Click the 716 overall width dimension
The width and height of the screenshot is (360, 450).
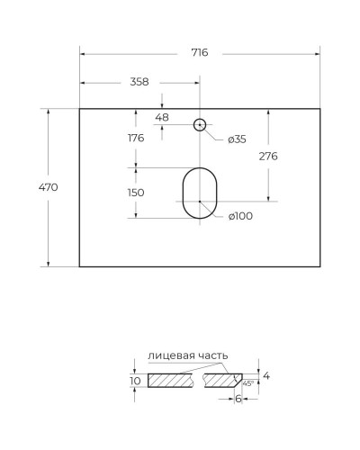click(200, 52)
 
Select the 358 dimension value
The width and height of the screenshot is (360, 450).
click(139, 82)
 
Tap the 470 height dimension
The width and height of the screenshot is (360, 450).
click(49, 187)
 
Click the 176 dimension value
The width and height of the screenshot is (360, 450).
click(137, 138)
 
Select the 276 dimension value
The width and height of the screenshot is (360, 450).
click(268, 156)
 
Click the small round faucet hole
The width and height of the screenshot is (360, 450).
click(200, 125)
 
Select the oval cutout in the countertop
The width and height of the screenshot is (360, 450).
click(200, 192)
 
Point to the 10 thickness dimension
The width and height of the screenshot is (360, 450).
click(135, 381)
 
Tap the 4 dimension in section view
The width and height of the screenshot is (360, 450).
click(267, 374)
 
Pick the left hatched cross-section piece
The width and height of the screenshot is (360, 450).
click(171, 381)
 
